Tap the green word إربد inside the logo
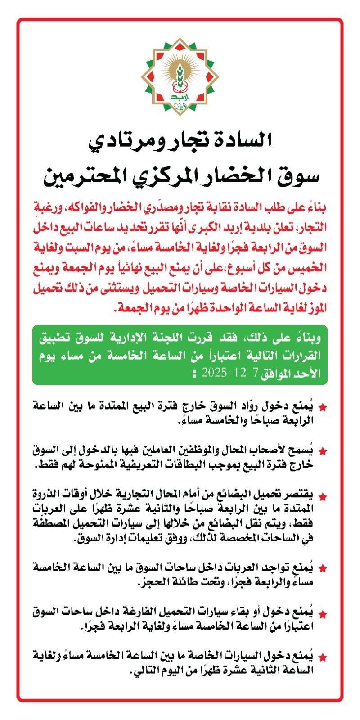180,97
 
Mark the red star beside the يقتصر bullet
323,496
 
